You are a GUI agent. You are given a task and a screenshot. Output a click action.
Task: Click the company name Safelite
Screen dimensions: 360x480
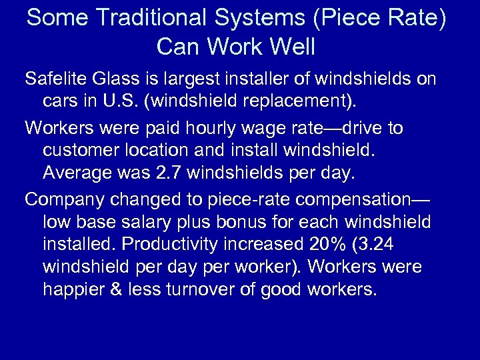click(x=55, y=79)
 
